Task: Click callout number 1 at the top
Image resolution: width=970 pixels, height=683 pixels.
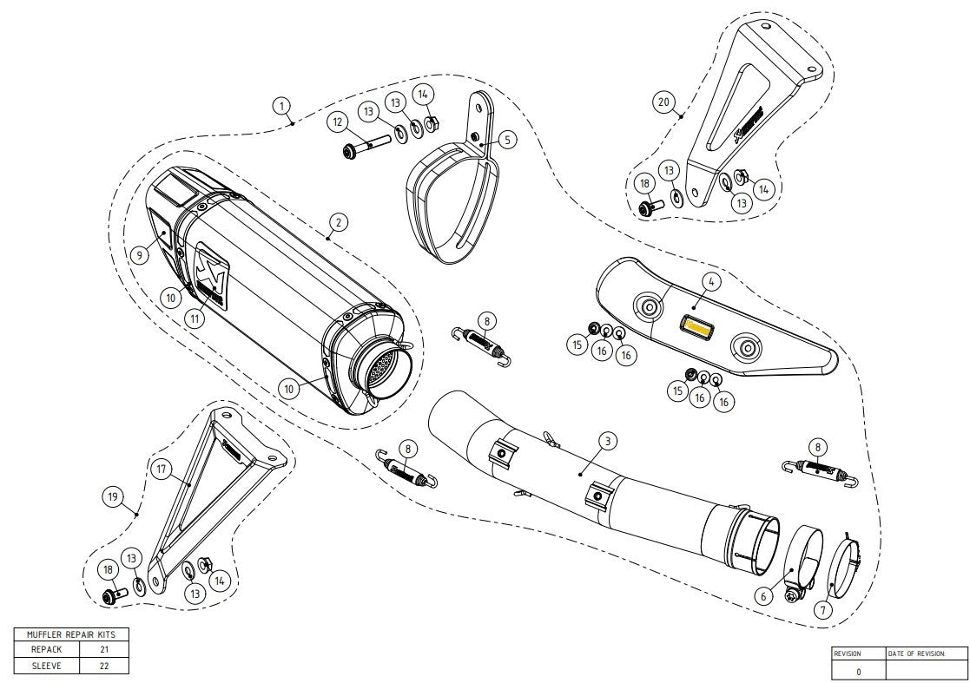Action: tap(280, 106)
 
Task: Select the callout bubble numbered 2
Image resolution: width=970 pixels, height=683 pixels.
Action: tap(338, 222)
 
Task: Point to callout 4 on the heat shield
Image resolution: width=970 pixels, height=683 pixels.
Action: tap(709, 281)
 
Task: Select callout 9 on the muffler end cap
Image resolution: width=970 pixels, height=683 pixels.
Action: tap(139, 255)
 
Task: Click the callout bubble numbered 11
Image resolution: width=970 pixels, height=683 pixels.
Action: tap(196, 319)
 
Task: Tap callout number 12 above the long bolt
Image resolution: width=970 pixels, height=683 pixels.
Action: tap(337, 122)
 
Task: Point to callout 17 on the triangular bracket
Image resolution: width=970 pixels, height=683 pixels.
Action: tap(161, 470)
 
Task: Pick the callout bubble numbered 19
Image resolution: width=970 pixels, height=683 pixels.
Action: tap(112, 497)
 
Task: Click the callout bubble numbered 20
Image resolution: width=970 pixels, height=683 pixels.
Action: tap(663, 102)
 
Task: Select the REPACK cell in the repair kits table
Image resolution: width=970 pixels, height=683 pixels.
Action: tap(46, 649)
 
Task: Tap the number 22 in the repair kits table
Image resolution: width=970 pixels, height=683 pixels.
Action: tap(103, 666)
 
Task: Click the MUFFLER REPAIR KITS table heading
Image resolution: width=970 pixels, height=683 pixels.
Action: tap(71, 634)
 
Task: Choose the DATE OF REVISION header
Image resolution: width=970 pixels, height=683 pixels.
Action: tap(916, 653)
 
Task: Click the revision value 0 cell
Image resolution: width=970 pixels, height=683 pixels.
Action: tap(858, 671)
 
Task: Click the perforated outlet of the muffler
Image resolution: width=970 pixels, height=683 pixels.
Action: tap(379, 371)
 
